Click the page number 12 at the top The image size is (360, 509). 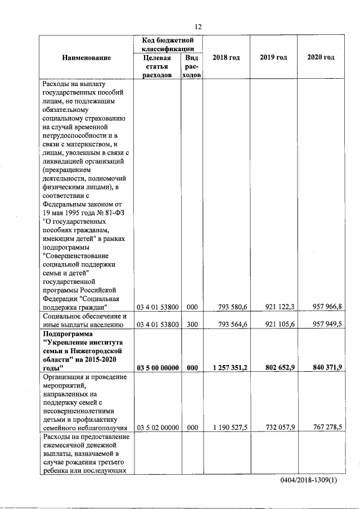pos(198,27)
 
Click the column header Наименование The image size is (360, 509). pos(87,58)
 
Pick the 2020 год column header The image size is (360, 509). pos(321,58)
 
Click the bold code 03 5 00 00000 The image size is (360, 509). pos(157,368)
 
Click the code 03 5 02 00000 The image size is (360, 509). pos(157,427)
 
